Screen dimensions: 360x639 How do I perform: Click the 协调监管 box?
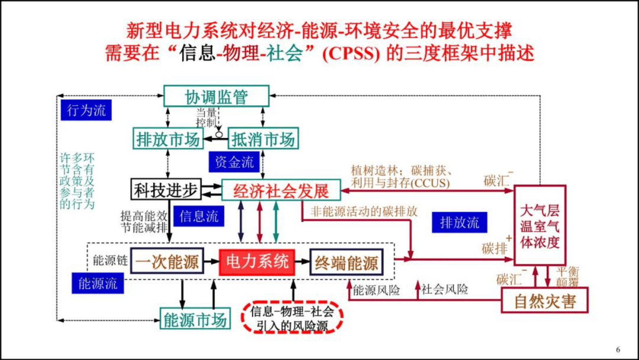coord(216,96)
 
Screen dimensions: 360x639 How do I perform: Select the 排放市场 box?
coord(168,139)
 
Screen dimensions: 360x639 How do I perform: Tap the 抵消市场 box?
coord(263,139)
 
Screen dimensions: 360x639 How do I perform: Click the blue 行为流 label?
coord(86,110)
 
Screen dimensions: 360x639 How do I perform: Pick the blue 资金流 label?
coord(234,162)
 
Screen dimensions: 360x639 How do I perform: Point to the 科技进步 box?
coord(166,190)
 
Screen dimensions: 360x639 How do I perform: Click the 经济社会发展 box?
coord(281,190)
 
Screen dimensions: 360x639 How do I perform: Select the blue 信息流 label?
coord(199,216)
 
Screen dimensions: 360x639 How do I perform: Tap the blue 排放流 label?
coord(459,222)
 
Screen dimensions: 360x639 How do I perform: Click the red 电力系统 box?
coord(257,262)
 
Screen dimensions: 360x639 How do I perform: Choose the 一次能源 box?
coord(167,262)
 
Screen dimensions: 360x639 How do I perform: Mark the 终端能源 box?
coord(346,263)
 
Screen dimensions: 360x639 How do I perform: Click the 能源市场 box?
coord(195,319)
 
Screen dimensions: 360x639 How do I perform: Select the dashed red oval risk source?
coord(292,318)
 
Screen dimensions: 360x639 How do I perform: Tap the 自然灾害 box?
coord(545,301)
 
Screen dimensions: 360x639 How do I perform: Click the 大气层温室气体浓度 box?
coord(540,226)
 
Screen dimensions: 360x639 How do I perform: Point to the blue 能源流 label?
coord(98,283)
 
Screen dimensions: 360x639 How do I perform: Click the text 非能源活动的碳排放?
coord(364,211)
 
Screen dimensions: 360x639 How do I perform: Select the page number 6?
coord(618,349)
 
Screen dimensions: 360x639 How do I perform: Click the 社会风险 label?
coord(445,289)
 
